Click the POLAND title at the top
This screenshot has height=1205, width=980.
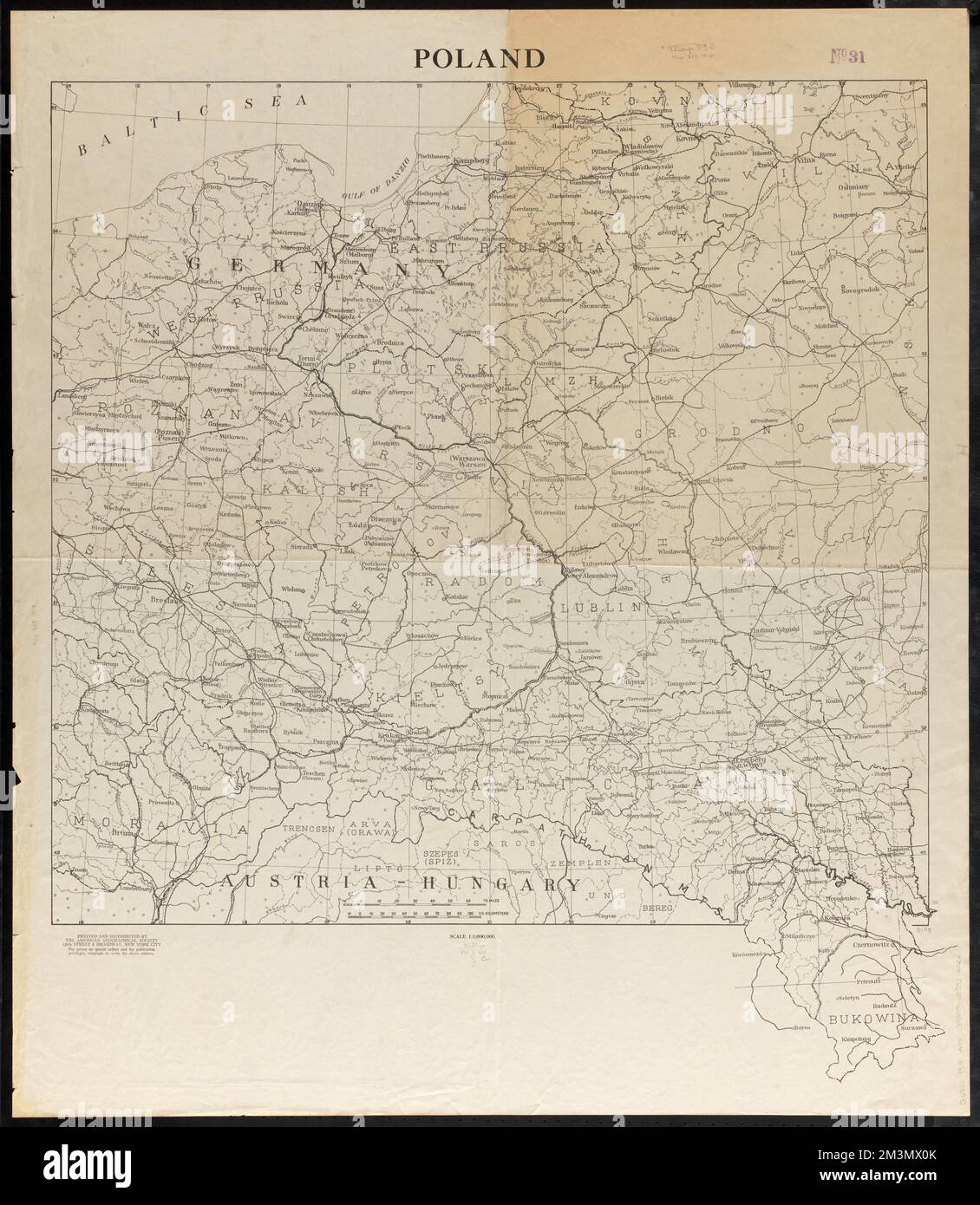[479, 58]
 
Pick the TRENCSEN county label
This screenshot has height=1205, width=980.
[302, 829]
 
